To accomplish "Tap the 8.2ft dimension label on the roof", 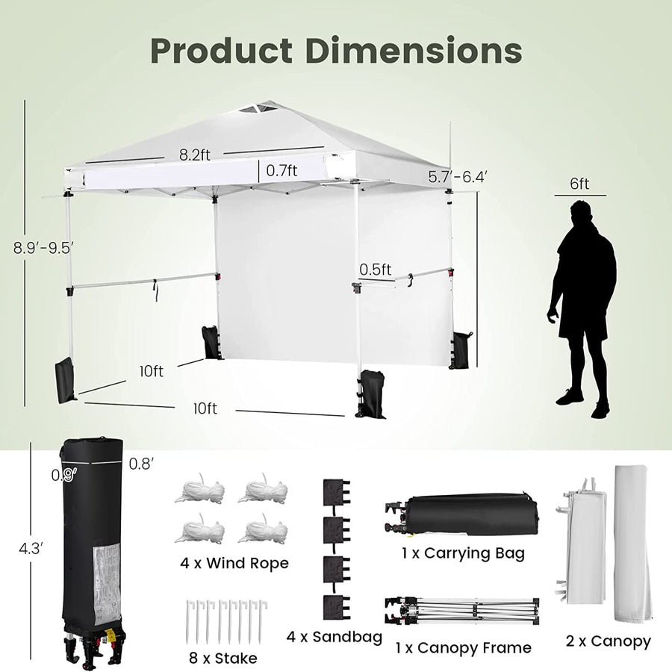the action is [x=195, y=155].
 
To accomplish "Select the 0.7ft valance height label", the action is [x=281, y=170].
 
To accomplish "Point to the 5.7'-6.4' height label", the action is [x=458, y=176].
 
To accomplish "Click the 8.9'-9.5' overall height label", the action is [x=44, y=248].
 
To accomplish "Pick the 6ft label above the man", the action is [x=579, y=184].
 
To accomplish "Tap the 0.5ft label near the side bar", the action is [x=376, y=270].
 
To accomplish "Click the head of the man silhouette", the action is [x=581, y=213].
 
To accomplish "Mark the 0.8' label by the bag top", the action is [x=141, y=464].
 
